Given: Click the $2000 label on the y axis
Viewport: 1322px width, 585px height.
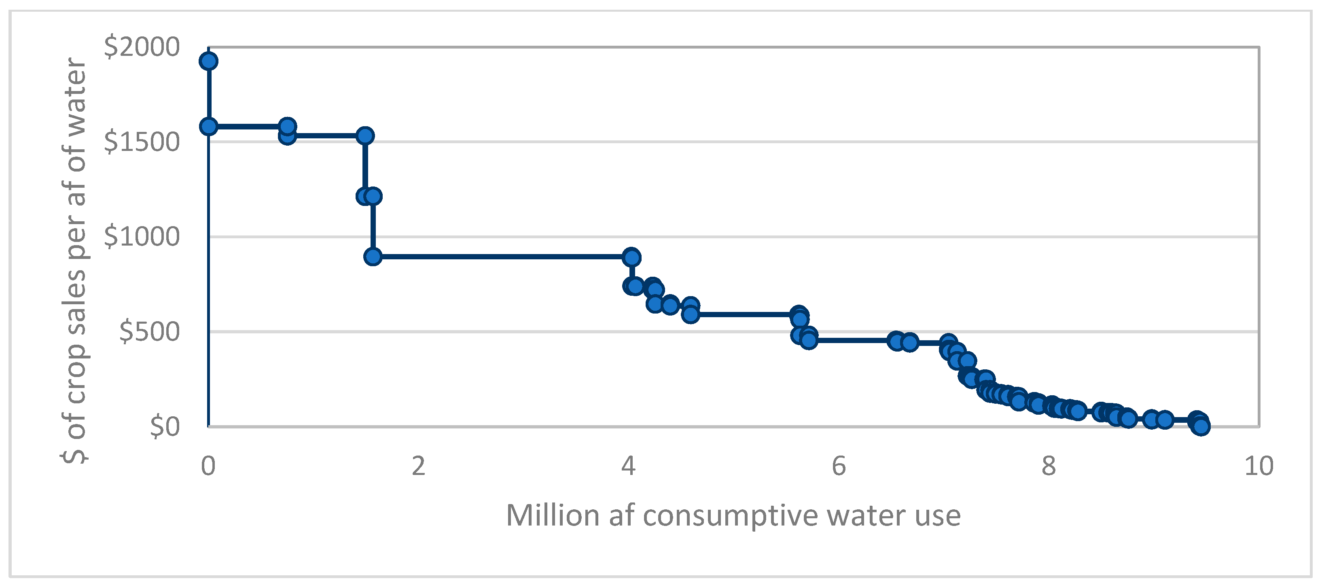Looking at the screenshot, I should pyautogui.click(x=142, y=47).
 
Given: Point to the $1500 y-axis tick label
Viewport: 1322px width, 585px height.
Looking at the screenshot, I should pyautogui.click(x=142, y=142).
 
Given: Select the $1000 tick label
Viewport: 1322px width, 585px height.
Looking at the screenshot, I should pyautogui.click(x=142, y=237).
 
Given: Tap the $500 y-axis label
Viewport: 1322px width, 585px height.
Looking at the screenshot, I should pyautogui.click(x=149, y=331).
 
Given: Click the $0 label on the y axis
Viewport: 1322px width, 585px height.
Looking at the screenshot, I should pyautogui.click(x=165, y=426).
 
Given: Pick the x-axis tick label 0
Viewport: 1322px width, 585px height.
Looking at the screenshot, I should pyautogui.click(x=208, y=466).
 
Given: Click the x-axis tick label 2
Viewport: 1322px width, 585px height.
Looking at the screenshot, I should pyautogui.click(x=418, y=466).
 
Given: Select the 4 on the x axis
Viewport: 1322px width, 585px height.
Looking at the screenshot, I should pyautogui.click(x=628, y=466).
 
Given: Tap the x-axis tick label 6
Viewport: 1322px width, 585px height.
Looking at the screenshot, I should pyautogui.click(x=839, y=466).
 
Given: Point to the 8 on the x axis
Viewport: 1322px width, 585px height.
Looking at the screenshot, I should pyautogui.click(x=1049, y=466).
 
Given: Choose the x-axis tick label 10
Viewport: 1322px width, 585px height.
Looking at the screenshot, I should pyautogui.click(x=1258, y=466).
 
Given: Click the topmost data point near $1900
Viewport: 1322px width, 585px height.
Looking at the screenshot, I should pyautogui.click(x=208, y=61).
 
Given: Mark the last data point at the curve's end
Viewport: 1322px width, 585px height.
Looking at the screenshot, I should pyautogui.click(x=1201, y=426).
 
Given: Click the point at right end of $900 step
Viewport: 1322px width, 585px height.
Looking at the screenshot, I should pyautogui.click(x=631, y=256).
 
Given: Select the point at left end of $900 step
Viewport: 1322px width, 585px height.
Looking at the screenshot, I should pyautogui.click(x=373, y=256).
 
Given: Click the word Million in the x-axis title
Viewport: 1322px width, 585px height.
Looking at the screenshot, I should pyautogui.click(x=553, y=515).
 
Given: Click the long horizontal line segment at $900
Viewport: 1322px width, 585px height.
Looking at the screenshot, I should pyautogui.click(x=503, y=256).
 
